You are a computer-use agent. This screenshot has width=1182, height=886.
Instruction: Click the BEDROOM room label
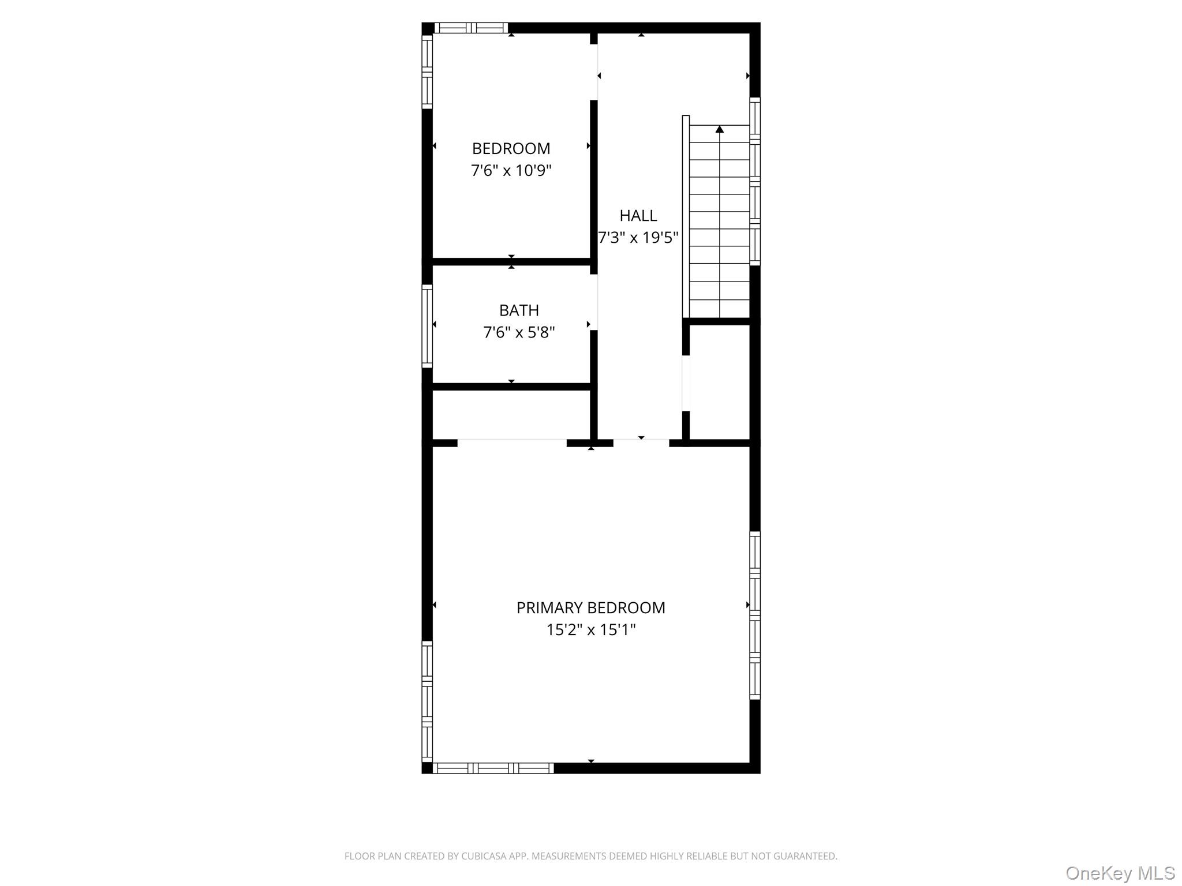coord(511,149)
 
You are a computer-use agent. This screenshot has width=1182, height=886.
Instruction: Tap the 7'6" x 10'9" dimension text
coord(511,171)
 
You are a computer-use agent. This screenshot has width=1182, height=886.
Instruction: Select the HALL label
coord(638,216)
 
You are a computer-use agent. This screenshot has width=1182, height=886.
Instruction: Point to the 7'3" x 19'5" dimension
coord(638,238)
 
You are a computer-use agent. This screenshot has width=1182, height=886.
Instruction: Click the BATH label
coord(519,310)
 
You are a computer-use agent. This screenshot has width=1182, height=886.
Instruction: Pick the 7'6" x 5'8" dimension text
coord(519,332)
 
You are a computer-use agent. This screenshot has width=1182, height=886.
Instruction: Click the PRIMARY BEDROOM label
coord(590,608)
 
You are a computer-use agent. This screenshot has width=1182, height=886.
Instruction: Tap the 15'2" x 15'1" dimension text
coord(590,630)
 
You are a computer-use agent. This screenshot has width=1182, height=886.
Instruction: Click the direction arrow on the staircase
coord(719,129)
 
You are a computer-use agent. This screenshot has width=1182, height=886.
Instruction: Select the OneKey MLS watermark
coord(1120,873)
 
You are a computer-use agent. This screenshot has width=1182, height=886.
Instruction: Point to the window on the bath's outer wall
coord(427,326)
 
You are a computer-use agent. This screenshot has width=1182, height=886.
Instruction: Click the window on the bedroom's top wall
coord(471,28)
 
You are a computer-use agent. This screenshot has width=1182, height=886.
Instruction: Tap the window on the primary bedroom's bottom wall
coord(493,768)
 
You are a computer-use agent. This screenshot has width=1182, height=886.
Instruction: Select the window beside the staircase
coord(754,181)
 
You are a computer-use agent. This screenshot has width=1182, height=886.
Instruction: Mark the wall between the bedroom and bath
coord(511,262)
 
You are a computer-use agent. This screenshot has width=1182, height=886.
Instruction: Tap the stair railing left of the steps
coord(686,216)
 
